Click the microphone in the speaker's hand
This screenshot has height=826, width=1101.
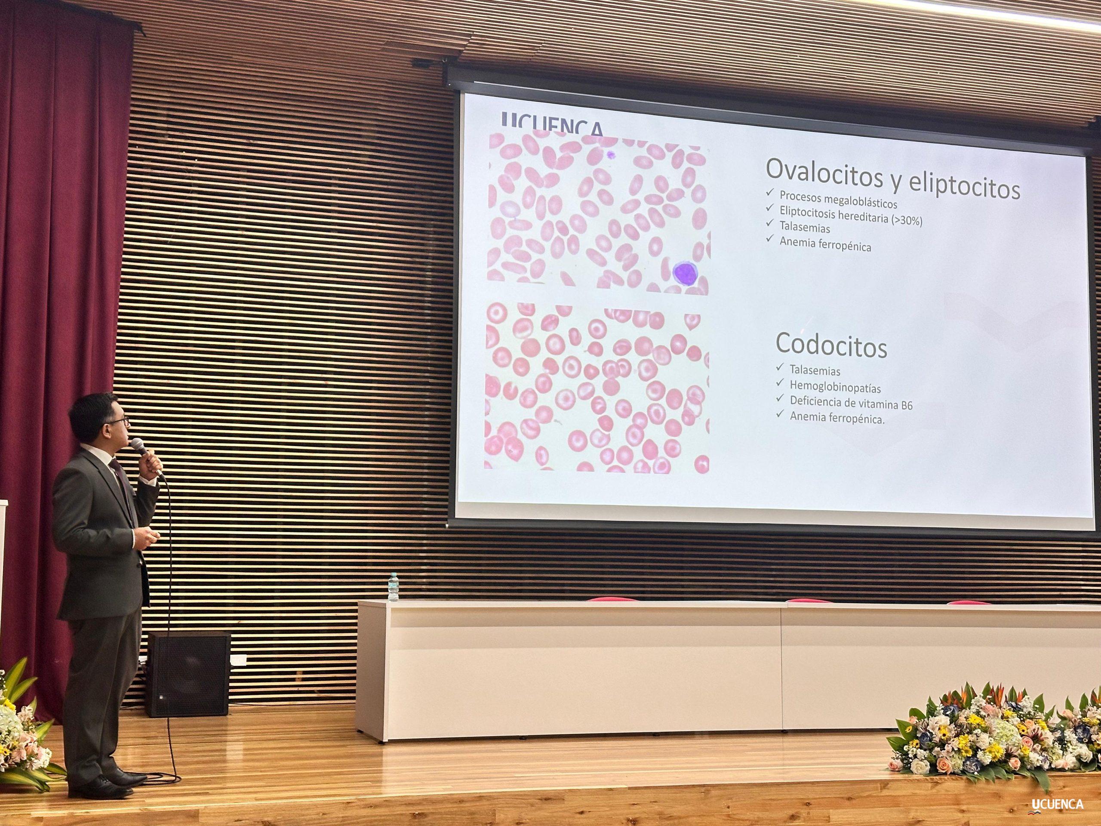145,453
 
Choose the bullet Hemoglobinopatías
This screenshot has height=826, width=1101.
835,387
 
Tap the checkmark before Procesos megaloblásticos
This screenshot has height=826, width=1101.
770,192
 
